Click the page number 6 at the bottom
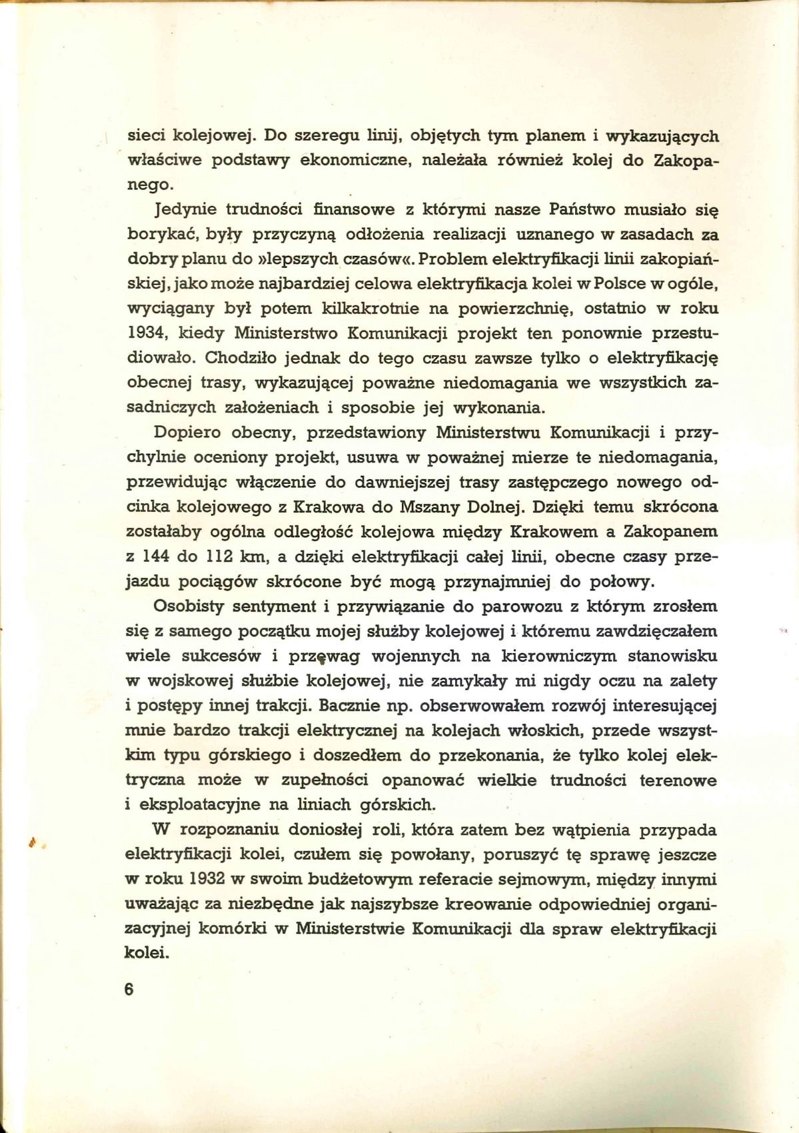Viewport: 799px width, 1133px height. click(129, 988)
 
